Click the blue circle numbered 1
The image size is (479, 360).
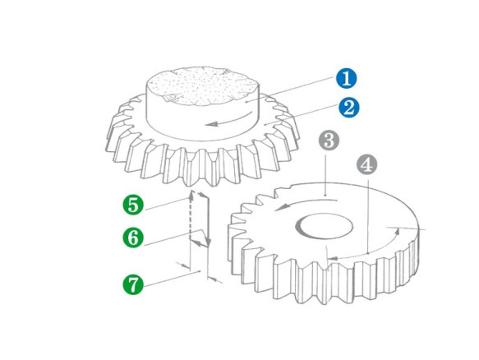click(x=346, y=79)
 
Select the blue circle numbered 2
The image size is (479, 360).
click(x=349, y=108)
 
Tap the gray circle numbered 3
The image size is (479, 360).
click(x=329, y=141)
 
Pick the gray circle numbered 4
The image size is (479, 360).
click(x=367, y=164)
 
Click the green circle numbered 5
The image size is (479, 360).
click(x=133, y=205)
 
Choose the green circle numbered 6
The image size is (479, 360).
click(x=133, y=238)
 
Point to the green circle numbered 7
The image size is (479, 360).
click(x=133, y=284)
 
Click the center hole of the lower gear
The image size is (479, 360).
click(x=324, y=227)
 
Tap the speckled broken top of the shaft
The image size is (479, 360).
click(x=203, y=86)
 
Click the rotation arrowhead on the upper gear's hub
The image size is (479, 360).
click(x=211, y=124)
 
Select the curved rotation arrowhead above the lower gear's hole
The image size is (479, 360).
click(x=280, y=208)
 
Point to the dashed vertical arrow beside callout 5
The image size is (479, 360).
click(x=191, y=215)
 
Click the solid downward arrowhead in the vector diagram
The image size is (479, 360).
click(x=209, y=241)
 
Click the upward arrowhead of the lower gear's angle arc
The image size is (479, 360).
click(x=397, y=231)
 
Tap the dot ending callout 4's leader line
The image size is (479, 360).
click(x=368, y=253)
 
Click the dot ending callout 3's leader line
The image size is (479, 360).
click(x=326, y=194)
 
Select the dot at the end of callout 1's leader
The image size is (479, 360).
click(x=246, y=101)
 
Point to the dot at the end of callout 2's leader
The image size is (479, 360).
click(x=265, y=125)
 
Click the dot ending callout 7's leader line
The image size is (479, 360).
click(x=200, y=271)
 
